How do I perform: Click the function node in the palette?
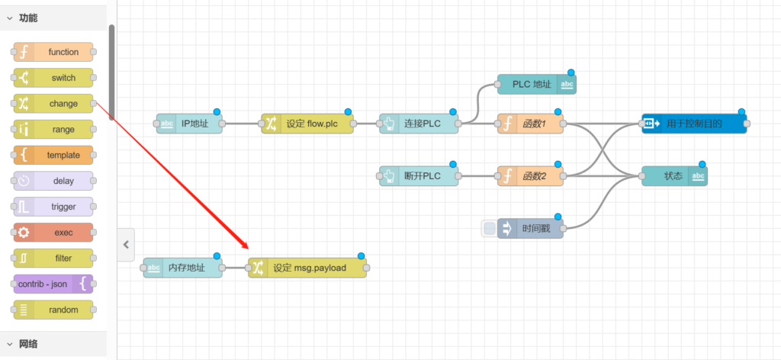coord(53,52)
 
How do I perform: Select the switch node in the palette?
coord(53,78)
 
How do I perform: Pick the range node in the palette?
coord(53,130)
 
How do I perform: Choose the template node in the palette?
coord(53,155)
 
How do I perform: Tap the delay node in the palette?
coord(53,181)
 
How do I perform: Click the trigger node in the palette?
coord(53,207)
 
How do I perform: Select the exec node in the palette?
coord(53,233)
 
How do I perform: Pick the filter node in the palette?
coord(53,259)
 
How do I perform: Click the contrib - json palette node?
coord(53,284)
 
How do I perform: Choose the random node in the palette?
coord(53,310)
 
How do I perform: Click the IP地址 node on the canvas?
coord(190,124)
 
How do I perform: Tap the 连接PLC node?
coord(419,124)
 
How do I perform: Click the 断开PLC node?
coord(419,176)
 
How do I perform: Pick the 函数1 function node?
coord(531,124)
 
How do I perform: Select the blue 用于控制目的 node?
coord(693,124)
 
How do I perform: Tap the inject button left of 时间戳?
coord(489,228)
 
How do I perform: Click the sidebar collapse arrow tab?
coord(127,245)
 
